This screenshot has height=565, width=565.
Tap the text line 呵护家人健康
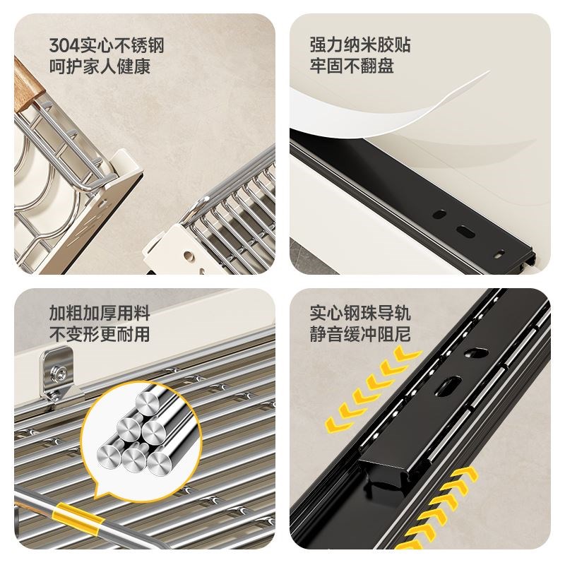click(100, 67)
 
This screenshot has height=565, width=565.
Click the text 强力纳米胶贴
click(360, 45)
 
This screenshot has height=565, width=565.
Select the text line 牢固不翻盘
click(351, 66)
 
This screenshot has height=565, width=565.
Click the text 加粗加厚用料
click(100, 313)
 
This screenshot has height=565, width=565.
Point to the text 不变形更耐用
click(100, 334)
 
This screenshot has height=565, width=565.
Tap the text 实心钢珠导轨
click(360, 313)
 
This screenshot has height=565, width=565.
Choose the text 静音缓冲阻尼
click(360, 334)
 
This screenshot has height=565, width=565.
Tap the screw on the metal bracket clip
click(59, 370)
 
